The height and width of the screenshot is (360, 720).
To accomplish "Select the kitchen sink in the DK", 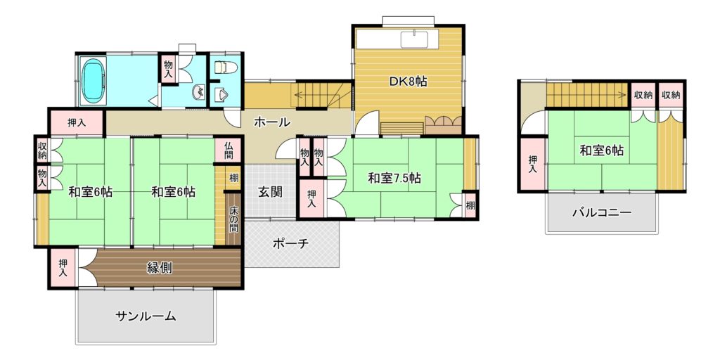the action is [414, 39].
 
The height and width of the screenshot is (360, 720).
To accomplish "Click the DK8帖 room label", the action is [409, 82].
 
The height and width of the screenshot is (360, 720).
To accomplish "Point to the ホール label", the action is [272, 122].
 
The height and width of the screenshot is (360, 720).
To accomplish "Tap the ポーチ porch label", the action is [290, 243].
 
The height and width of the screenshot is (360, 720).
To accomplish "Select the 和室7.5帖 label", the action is [394, 178].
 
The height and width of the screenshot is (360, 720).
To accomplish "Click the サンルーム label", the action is [146, 316].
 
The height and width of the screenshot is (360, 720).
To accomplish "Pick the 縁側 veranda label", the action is [160, 268].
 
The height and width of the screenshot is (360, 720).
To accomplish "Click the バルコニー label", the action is [602, 212].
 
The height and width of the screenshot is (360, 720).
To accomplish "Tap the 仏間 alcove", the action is [229, 150].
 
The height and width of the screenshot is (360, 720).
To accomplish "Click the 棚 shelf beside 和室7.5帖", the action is [470, 206].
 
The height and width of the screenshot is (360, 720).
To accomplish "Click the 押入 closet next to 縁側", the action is [63, 268].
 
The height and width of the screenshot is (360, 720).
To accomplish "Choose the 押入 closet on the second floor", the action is [533, 164].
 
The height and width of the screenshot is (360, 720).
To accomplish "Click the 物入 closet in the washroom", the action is [168, 70].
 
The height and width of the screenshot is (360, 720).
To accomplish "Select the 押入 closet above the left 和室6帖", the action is [76, 122].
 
